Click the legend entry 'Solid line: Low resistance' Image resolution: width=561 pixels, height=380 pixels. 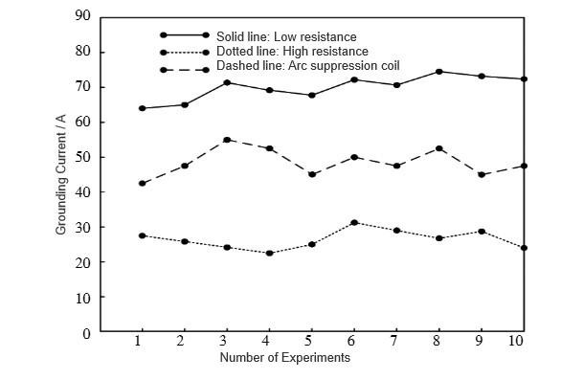point(285,36)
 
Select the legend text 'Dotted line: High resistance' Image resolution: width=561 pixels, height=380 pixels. point(292,51)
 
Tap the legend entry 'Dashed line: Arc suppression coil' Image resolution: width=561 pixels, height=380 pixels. point(307,65)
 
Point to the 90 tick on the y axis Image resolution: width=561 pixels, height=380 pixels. point(84,16)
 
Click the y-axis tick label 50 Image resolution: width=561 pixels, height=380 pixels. point(84,157)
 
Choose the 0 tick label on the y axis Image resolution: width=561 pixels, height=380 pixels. point(88,333)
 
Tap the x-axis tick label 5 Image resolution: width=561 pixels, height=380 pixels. point(310,342)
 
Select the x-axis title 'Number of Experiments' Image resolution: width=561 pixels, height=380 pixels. point(284,358)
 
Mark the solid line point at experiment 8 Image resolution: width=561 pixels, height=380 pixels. point(438,72)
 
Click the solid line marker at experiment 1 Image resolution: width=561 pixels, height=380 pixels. point(142,108)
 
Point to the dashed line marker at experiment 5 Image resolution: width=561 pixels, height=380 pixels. point(311,174)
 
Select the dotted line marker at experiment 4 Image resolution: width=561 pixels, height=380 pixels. point(269,253)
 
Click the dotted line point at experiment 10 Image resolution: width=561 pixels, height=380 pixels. point(523,248)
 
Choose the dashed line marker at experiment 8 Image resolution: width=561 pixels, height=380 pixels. point(438,148)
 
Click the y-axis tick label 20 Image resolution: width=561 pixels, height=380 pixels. point(84,262)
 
